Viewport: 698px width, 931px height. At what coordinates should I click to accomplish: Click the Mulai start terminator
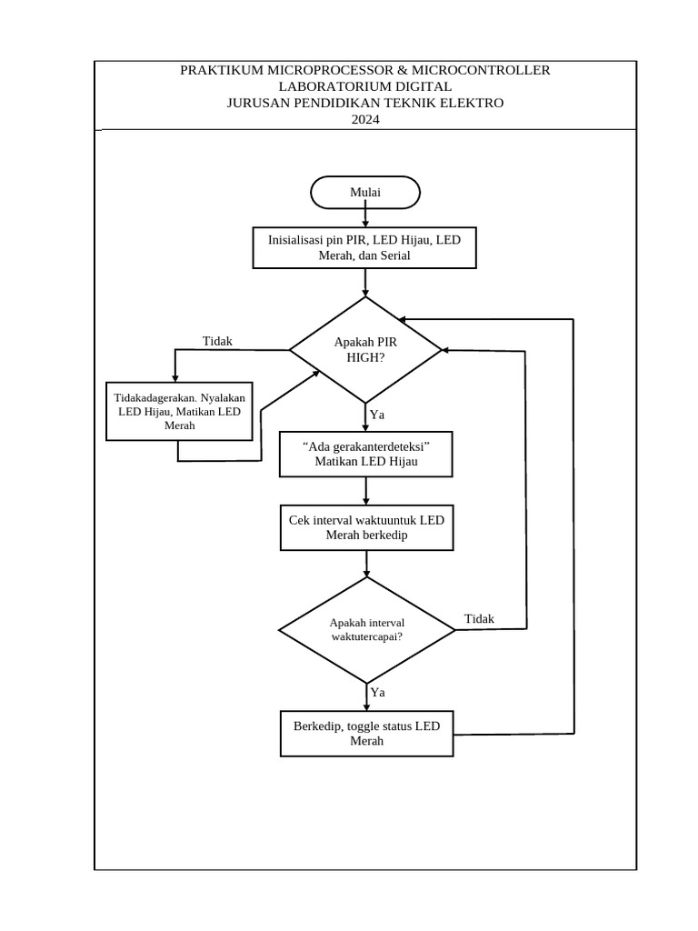(365, 193)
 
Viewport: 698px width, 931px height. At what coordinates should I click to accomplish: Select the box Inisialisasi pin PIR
(364, 248)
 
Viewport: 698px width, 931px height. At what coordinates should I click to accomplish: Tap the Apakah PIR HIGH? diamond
(365, 350)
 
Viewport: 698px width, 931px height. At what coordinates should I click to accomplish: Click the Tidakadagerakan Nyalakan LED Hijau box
(180, 411)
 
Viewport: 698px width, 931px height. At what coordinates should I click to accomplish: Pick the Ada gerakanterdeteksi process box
(365, 454)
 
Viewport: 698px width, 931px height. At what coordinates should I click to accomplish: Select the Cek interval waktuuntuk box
(366, 527)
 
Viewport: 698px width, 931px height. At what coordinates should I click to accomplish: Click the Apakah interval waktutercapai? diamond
(366, 629)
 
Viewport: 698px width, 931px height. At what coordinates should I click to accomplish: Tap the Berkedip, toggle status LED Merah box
(366, 733)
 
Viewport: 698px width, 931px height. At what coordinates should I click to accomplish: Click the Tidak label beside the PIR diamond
(217, 341)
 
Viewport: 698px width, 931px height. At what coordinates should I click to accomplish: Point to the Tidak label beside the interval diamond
(479, 619)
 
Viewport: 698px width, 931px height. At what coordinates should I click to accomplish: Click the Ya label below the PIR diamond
(377, 415)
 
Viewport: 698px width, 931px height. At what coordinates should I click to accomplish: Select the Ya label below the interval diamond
(377, 693)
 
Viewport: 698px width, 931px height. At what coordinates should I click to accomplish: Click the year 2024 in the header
(364, 119)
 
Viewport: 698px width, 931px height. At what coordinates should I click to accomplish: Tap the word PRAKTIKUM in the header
(222, 70)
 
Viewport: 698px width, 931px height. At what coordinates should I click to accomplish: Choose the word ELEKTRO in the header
(472, 103)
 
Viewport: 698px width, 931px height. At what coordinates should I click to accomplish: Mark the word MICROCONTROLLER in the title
(481, 70)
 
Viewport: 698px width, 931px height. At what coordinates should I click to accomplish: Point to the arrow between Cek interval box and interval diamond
(366, 564)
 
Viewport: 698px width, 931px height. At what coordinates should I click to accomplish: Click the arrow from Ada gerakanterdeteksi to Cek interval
(366, 491)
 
